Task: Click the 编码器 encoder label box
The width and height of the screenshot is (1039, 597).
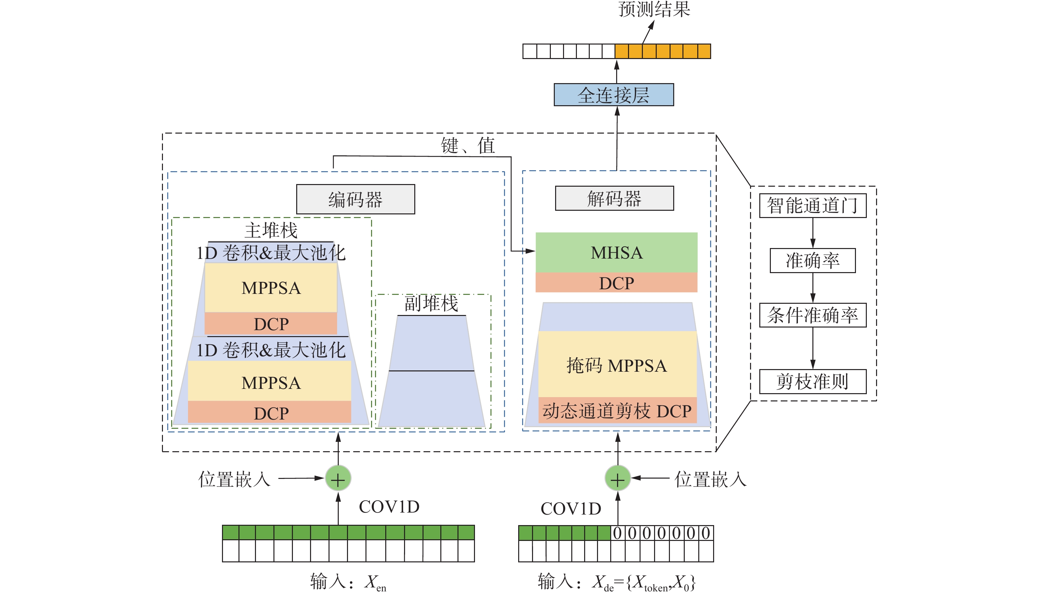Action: click(356, 199)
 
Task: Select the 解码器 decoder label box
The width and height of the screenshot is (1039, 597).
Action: click(614, 199)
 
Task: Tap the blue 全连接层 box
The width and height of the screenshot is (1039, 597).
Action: click(614, 95)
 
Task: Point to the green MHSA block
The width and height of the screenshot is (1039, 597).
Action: click(616, 253)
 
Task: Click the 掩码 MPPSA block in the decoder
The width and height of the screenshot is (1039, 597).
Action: click(617, 365)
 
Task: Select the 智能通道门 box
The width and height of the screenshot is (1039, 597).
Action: click(812, 205)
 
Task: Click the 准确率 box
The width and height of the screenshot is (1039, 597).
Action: click(812, 260)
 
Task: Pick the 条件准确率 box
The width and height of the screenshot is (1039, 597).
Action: click(812, 315)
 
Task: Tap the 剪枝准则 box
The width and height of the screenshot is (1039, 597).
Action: click(812, 381)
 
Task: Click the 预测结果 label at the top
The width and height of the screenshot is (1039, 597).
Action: click(654, 9)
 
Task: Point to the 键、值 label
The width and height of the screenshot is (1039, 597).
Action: click(468, 145)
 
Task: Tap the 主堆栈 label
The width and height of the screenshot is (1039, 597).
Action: click(271, 230)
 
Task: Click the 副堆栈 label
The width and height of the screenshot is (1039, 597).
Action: click(431, 303)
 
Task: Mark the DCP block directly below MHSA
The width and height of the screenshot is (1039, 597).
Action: click(616, 283)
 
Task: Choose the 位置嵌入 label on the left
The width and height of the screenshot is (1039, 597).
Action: click(234, 479)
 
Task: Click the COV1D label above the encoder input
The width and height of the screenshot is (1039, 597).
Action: click(389, 507)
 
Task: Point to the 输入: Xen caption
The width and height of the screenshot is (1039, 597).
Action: click(348, 581)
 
